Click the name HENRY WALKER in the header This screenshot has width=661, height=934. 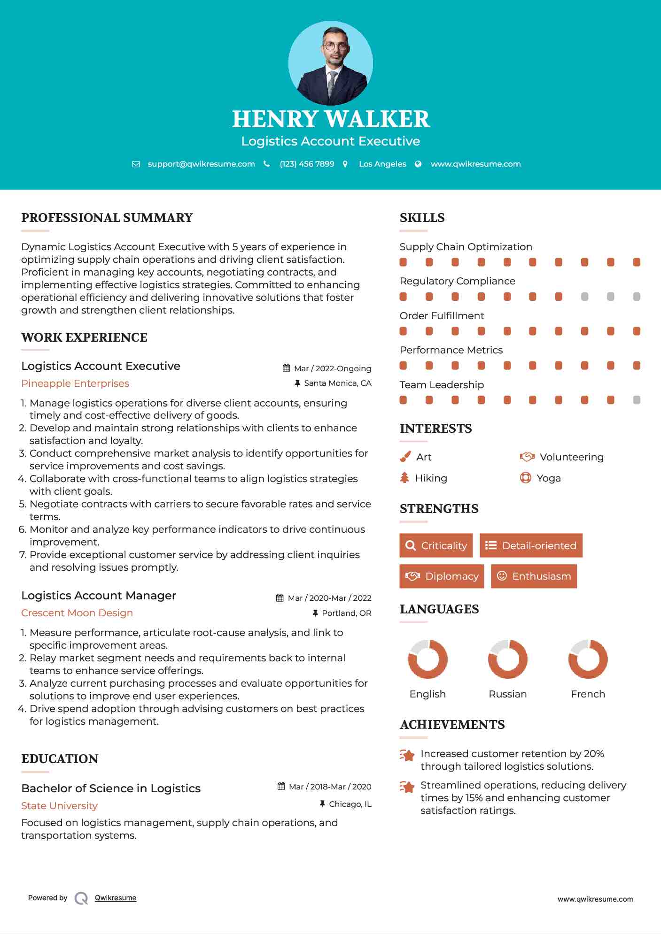tap(331, 119)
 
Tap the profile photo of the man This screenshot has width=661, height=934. tap(331, 63)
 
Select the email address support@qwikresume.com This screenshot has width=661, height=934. tap(201, 164)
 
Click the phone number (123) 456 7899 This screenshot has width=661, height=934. tap(307, 164)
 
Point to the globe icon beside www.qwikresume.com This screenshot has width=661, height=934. tap(418, 164)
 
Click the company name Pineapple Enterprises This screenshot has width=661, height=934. tap(75, 383)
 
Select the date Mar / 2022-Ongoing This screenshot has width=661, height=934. tap(332, 368)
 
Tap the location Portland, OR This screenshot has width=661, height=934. tap(346, 613)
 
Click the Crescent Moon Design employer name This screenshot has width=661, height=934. tap(77, 613)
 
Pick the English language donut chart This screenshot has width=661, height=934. tap(428, 659)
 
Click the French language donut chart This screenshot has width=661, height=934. tap(588, 659)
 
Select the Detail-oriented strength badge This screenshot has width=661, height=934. tap(531, 545)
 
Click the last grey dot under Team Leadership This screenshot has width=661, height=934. tap(637, 400)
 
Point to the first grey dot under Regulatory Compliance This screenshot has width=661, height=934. tap(584, 297)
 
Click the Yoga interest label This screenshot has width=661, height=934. tap(549, 478)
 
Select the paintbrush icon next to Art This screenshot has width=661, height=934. tap(405, 457)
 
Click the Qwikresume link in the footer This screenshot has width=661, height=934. tap(116, 898)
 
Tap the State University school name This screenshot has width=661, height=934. tap(59, 806)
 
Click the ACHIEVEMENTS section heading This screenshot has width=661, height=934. tap(452, 725)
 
